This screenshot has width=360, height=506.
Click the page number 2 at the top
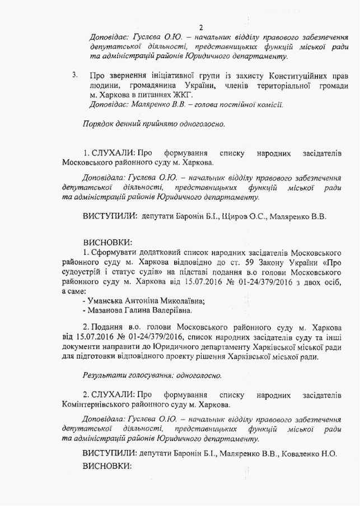click(200, 28)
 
